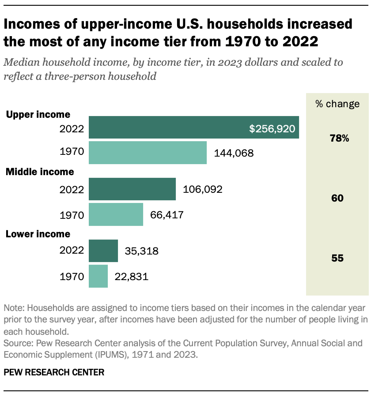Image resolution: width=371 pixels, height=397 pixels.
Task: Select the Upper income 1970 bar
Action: click(x=148, y=153)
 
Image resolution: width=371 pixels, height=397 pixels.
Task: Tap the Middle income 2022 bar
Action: click(x=132, y=189)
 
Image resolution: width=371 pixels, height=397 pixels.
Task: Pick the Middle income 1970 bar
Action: click(x=116, y=214)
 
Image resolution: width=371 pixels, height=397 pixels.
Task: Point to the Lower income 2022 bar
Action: click(x=103, y=251)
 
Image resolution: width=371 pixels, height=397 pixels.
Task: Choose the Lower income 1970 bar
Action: click(x=98, y=276)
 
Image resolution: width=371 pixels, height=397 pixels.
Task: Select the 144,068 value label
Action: click(x=234, y=153)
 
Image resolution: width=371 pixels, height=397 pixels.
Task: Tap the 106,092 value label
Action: click(x=202, y=190)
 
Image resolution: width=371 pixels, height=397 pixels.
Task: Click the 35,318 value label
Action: click(x=141, y=251)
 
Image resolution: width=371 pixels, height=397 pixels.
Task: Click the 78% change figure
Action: click(x=339, y=139)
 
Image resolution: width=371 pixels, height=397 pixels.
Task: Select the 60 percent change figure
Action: click(x=337, y=198)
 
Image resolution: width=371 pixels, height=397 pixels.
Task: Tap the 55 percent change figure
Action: click(x=337, y=258)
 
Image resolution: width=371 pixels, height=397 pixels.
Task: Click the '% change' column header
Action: click(x=337, y=104)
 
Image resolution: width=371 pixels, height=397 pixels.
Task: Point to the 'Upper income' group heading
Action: click(x=38, y=115)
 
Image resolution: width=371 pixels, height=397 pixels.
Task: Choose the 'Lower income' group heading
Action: click(x=38, y=234)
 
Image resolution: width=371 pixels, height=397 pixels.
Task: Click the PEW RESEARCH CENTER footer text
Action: click(x=54, y=372)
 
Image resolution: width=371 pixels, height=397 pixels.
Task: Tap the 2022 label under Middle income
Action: click(x=72, y=190)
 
